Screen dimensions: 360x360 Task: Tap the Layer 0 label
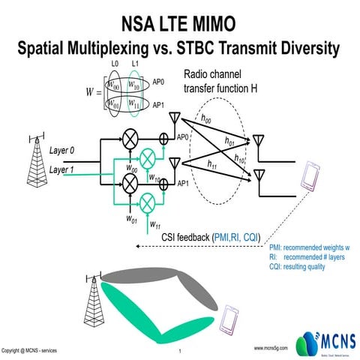[64, 151]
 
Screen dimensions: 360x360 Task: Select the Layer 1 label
[64, 170]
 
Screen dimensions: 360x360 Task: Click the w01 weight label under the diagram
[130, 221]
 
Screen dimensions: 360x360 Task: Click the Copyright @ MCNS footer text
[28, 350]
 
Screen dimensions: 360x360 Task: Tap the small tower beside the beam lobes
[92, 289]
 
